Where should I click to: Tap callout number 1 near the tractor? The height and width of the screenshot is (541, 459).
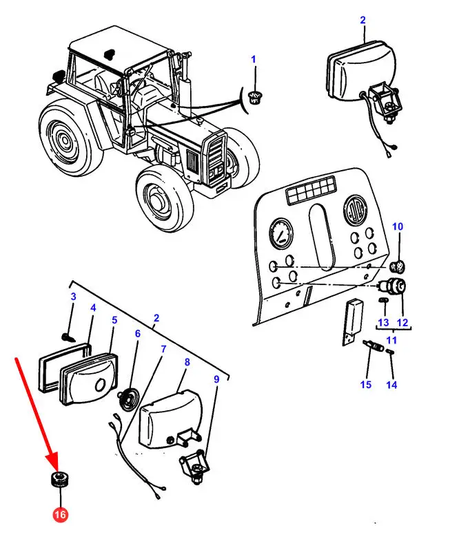253,60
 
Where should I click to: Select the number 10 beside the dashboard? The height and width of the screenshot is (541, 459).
398,226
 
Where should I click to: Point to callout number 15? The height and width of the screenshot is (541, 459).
366,384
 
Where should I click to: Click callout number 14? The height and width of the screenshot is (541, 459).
391,384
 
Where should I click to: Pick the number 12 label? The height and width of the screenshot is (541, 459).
402,322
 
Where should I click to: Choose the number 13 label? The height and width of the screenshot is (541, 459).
383,322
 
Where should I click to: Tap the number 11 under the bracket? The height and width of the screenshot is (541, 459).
392,340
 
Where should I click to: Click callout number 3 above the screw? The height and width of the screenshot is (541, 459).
72,297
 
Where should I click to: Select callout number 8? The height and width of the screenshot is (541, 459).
186,361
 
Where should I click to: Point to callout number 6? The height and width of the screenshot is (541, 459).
137,334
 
